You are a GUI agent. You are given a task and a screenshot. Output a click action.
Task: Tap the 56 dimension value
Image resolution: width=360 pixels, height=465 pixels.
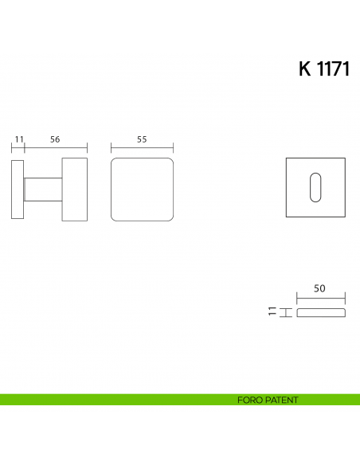tap(55, 139)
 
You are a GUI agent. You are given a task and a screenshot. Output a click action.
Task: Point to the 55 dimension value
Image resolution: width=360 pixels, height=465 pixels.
tap(142, 139)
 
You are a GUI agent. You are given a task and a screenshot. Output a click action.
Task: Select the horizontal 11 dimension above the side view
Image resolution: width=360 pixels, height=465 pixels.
tap(18, 139)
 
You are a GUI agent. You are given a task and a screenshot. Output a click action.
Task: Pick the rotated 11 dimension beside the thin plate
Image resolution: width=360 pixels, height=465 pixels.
tap(272, 312)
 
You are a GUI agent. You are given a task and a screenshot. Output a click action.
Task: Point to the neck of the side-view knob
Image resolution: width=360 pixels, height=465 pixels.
tap(43, 190)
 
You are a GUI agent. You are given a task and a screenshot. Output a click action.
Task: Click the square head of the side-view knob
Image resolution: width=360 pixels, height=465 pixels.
tap(74, 190)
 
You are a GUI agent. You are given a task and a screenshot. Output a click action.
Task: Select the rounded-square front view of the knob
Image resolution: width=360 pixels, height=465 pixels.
tap(142, 190)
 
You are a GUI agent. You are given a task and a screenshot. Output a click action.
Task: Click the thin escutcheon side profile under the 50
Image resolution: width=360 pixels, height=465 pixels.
tap(321, 312)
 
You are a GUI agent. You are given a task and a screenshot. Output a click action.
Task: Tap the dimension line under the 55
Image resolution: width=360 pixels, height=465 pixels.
tap(142, 147)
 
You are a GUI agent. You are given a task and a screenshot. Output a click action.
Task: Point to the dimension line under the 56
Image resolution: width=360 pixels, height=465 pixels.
tap(56, 147)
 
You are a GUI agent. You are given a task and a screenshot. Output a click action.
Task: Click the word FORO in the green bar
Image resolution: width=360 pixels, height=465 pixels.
tap(248, 400)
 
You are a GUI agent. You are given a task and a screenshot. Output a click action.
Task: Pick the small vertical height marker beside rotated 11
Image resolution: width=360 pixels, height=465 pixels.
tap(283, 312)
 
